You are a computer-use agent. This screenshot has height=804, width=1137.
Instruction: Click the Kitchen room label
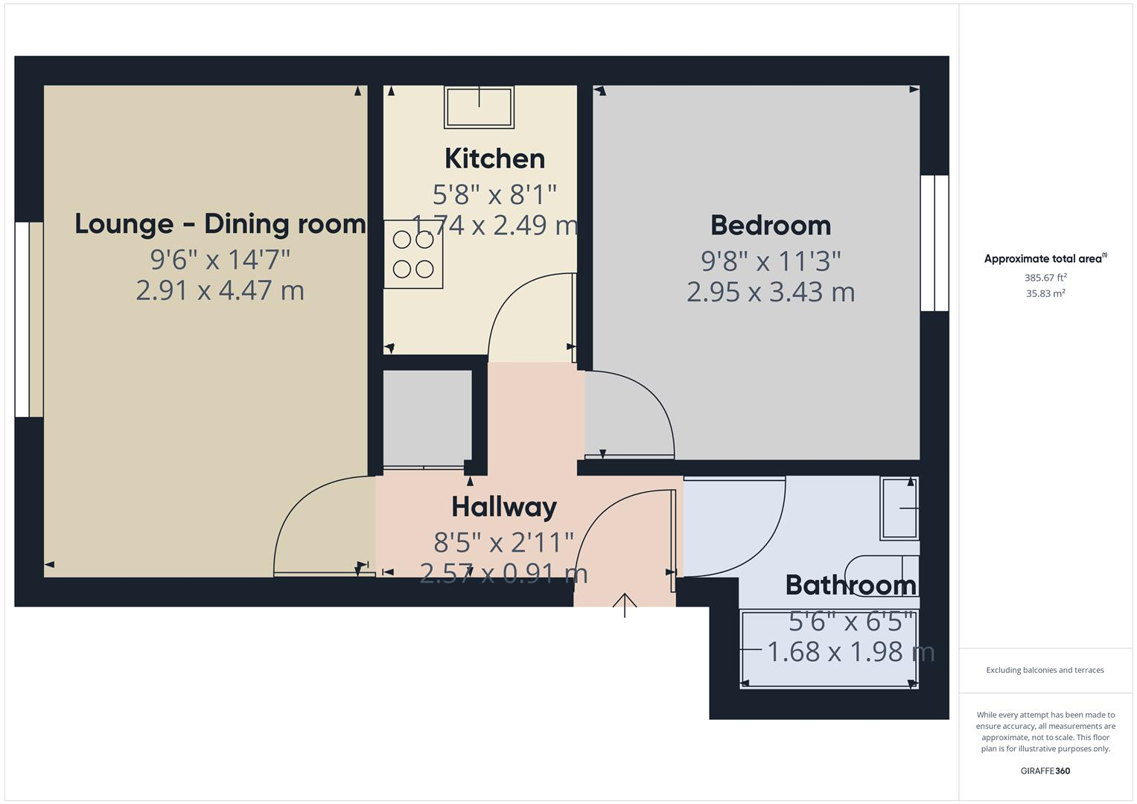[x=494, y=159]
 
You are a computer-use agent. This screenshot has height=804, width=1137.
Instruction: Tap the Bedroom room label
[x=770, y=226]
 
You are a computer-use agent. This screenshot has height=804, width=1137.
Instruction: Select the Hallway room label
[x=504, y=507]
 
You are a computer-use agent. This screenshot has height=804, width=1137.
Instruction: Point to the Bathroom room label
[x=850, y=585]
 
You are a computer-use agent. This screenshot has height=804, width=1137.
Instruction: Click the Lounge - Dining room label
[x=220, y=224]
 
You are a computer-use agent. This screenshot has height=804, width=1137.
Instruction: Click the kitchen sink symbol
[x=479, y=106]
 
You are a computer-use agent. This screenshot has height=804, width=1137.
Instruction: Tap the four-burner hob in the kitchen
[x=413, y=255]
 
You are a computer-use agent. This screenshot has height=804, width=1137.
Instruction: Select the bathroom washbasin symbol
[x=899, y=508]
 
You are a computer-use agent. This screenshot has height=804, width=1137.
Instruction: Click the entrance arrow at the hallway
[x=625, y=604]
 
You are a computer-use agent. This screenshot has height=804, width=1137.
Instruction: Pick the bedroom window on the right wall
[x=934, y=243]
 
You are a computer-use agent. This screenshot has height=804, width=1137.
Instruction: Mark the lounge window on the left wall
[x=29, y=319]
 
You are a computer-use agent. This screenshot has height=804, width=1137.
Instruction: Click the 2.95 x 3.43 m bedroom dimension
[x=770, y=292]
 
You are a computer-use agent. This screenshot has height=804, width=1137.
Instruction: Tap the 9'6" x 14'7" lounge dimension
[x=220, y=260]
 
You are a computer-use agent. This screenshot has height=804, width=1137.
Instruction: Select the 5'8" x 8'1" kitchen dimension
[x=494, y=195]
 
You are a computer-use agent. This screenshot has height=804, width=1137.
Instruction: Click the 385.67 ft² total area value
[x=1045, y=278]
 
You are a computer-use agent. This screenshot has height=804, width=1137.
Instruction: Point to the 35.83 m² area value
[x=1045, y=293]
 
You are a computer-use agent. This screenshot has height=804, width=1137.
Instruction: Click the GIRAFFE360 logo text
[x=1045, y=770]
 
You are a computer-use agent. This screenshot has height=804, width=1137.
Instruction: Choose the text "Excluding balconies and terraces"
[x=1045, y=670]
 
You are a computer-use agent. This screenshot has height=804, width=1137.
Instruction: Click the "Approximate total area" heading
[x=1045, y=259]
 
